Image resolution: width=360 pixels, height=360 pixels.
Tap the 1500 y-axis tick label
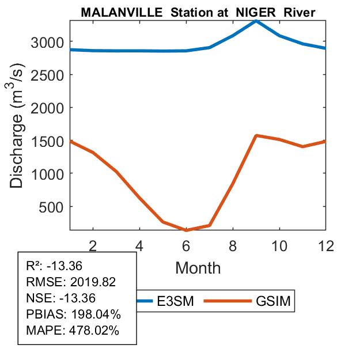tap(47, 141)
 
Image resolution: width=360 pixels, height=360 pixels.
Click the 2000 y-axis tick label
tap(47, 108)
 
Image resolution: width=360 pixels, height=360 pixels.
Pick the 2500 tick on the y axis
tap(47, 75)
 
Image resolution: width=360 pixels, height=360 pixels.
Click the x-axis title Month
tap(198, 267)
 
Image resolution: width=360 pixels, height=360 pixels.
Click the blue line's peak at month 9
tap(256, 21)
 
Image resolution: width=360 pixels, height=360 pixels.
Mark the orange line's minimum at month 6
tap(186, 230)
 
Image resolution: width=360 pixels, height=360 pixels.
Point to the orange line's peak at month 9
tap(256, 135)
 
